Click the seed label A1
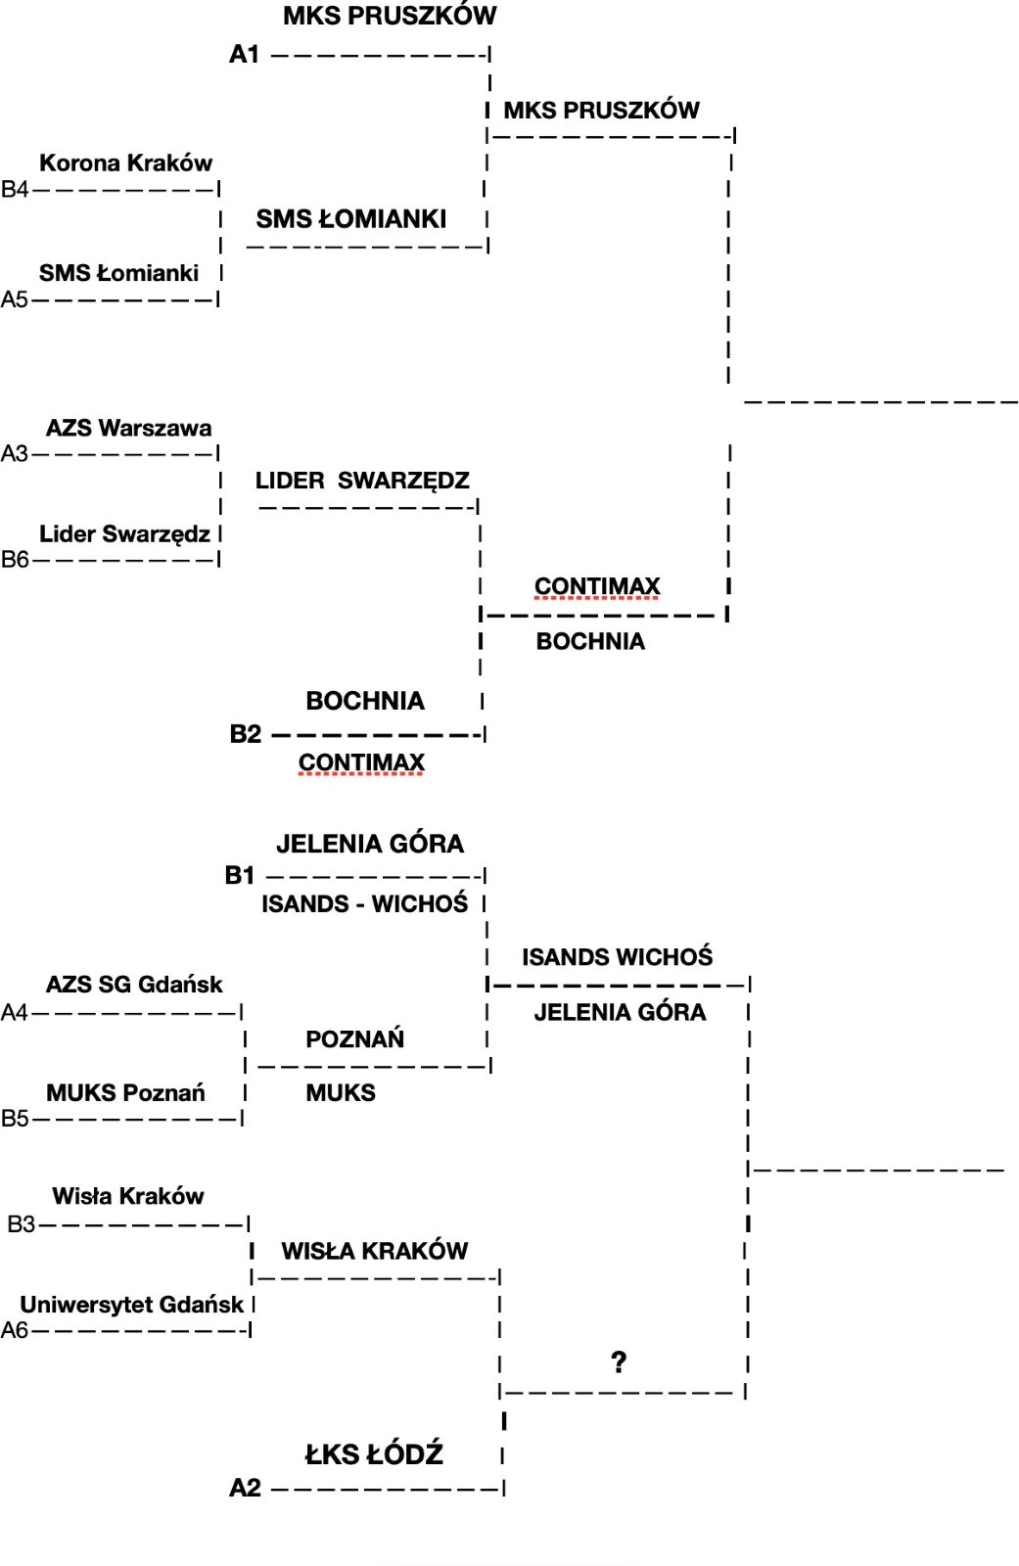click(x=244, y=55)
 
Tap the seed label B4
click(x=15, y=190)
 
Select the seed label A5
click(x=15, y=299)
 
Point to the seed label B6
click(x=15, y=560)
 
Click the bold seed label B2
click(x=245, y=734)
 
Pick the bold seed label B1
click(x=240, y=875)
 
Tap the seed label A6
click(x=15, y=1330)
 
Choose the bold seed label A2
click(x=245, y=1489)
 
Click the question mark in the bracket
click(x=619, y=1361)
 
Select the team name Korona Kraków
click(x=125, y=162)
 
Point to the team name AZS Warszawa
click(x=128, y=428)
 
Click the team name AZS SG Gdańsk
click(x=134, y=984)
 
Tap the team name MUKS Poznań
click(x=125, y=1092)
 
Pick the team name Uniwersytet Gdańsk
click(x=132, y=1304)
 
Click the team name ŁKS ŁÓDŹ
click(x=374, y=1454)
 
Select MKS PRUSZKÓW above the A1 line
click(x=390, y=16)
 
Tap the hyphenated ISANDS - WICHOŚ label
click(x=364, y=903)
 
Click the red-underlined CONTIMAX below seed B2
click(x=361, y=762)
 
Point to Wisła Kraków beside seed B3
click(x=128, y=1196)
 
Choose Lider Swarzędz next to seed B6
click(x=124, y=533)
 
